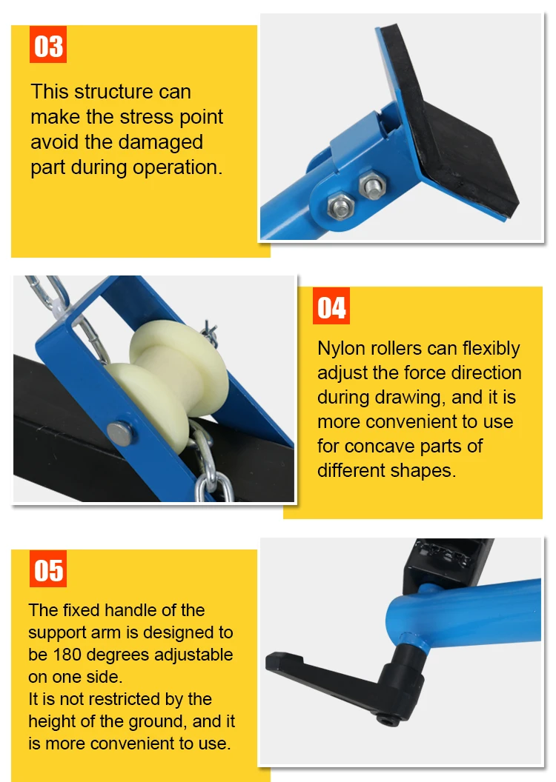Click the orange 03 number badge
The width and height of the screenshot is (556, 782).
[x=48, y=46]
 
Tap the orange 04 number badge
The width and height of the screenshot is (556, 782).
[x=331, y=307]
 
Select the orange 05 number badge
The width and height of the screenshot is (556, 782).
[x=48, y=570]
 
